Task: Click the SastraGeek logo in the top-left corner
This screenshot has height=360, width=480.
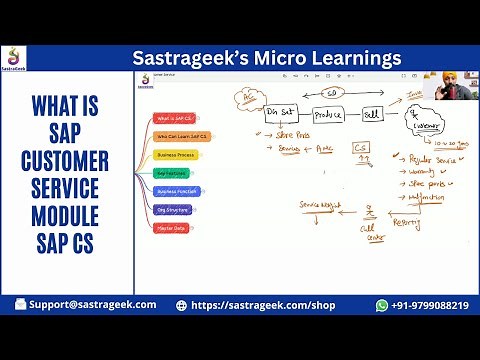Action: (15, 59)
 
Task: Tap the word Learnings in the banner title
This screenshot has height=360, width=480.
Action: (349, 58)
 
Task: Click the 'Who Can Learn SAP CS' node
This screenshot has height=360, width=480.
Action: (183, 136)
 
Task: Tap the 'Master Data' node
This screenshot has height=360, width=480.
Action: (174, 228)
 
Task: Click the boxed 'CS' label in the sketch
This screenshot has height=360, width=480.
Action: (362, 148)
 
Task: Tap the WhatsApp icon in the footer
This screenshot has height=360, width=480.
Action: (382, 305)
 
